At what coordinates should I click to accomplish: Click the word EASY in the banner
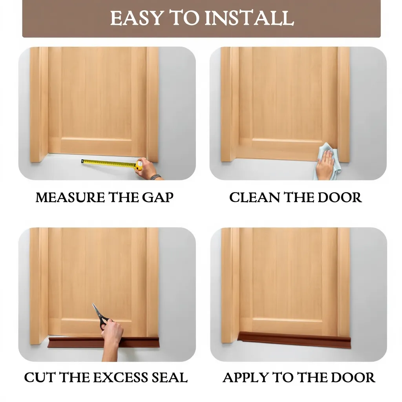tap(137, 18)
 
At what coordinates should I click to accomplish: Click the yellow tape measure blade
tap(109, 163)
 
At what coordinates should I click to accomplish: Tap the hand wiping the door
tap(325, 164)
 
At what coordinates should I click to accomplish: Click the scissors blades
tap(98, 312)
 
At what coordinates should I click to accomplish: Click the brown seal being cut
tap(104, 342)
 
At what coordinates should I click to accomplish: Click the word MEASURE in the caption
tap(70, 197)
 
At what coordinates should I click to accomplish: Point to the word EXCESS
tap(120, 377)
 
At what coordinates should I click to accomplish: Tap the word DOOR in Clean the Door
tap(340, 197)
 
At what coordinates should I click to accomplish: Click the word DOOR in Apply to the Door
tap(353, 377)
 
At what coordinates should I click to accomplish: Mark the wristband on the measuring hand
tap(155, 177)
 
